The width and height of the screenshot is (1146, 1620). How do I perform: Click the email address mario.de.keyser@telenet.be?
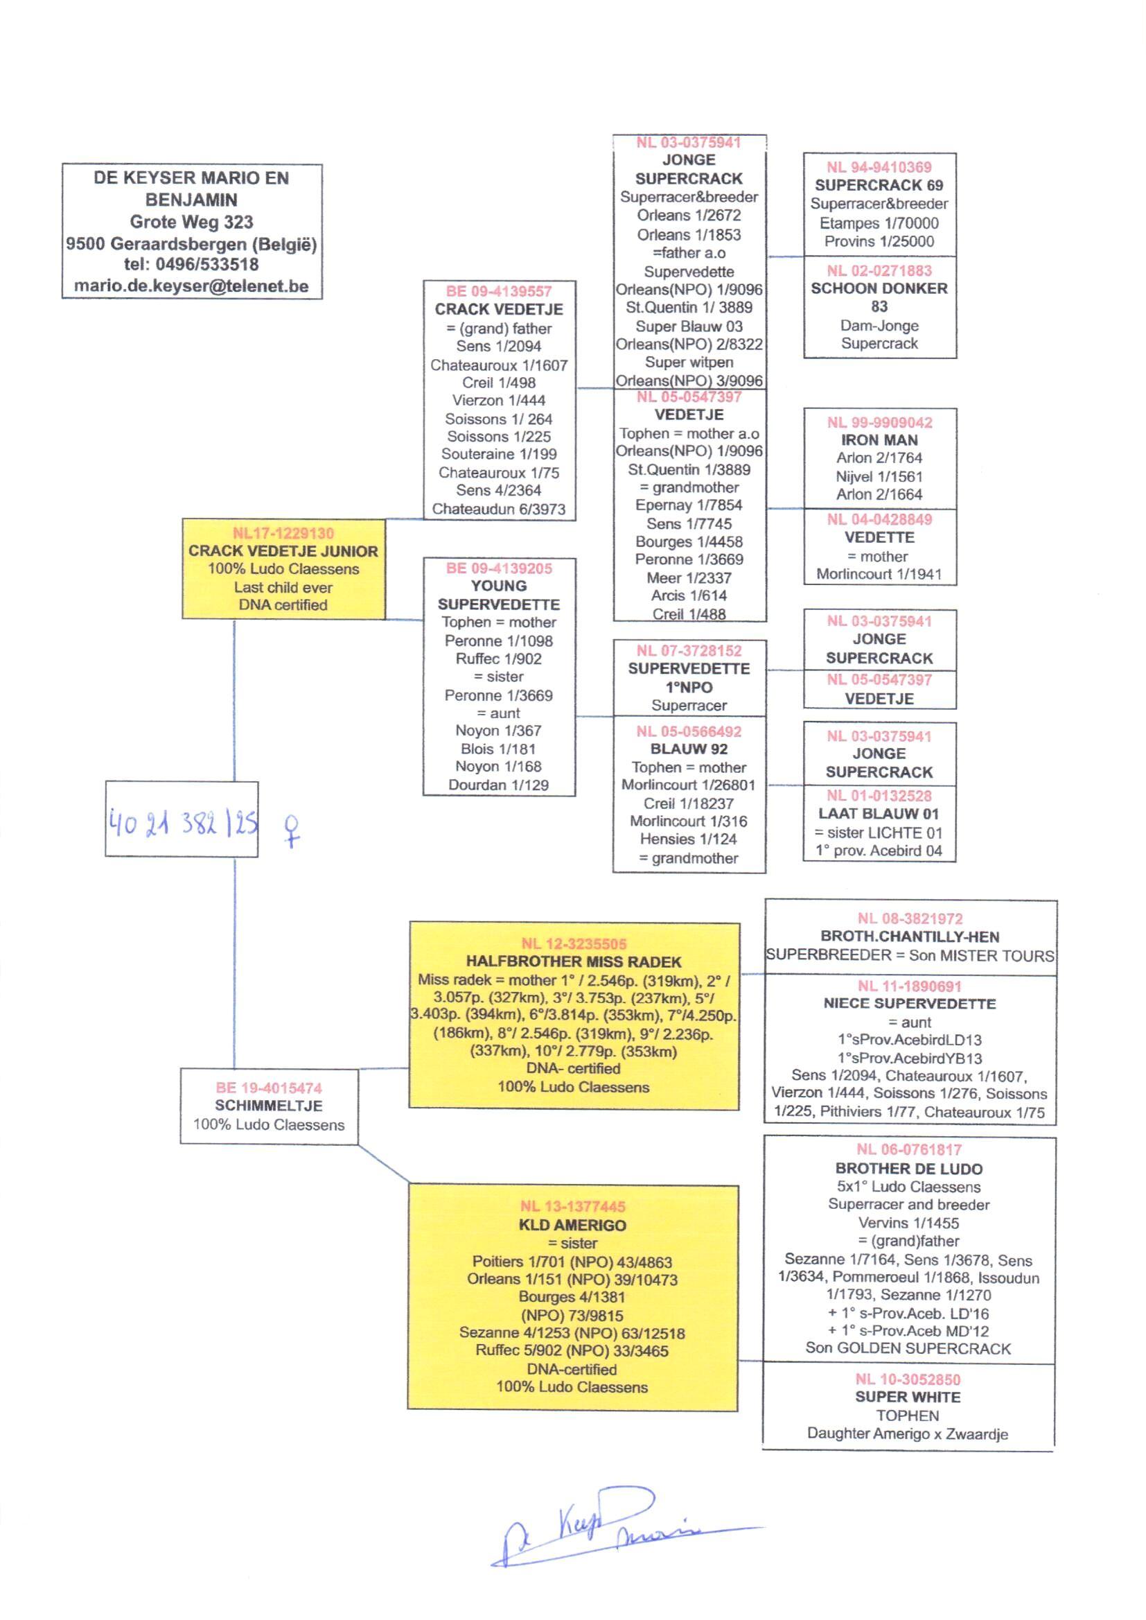tap(191, 286)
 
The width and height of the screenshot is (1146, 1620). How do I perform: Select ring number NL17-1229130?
tap(283, 533)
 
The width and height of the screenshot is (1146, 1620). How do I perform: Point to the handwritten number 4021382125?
tap(183, 823)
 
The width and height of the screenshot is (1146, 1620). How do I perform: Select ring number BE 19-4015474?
tap(268, 1088)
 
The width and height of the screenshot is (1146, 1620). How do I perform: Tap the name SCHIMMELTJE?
tap(268, 1106)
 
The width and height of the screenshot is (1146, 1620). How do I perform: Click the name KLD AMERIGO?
tap(572, 1225)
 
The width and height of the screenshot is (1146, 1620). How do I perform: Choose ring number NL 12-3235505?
tap(573, 943)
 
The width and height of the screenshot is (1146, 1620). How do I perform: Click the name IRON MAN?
tap(879, 439)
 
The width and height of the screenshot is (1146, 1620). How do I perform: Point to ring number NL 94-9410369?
tap(879, 167)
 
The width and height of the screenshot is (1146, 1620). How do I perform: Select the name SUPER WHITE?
tap(908, 1397)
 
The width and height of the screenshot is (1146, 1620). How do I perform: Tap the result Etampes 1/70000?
tap(879, 223)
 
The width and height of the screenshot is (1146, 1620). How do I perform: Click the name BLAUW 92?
tap(689, 749)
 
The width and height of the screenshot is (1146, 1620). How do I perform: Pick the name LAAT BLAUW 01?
tap(879, 813)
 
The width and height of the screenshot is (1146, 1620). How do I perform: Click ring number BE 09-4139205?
tap(499, 568)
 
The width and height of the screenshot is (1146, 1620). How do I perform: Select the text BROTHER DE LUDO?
tap(909, 1169)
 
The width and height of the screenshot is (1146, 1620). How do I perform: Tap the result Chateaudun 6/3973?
tap(499, 509)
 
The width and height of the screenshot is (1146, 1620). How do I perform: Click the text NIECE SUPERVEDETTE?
tap(910, 1004)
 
